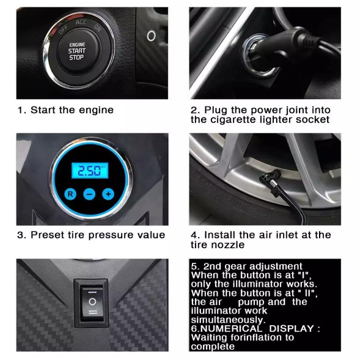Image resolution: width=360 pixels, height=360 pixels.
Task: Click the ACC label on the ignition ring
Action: pos(81,22)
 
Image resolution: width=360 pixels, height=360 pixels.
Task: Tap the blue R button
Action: pos(70,194)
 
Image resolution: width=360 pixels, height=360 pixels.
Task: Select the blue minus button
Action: pos(89,194)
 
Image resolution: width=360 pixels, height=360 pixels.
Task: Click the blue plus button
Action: pos(108,194)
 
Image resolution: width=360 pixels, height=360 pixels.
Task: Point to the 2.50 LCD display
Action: pos(90,171)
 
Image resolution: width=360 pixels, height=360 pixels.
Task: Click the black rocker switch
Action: pos(92,303)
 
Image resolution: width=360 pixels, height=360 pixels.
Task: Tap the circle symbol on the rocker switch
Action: pos(92,301)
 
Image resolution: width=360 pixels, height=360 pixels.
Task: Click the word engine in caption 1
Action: pos(96,111)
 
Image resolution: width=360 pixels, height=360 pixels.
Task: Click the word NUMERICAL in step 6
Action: pos(231,329)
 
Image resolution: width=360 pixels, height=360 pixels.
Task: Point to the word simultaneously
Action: pos(228,320)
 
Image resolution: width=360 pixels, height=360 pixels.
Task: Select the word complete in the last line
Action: pos(213,347)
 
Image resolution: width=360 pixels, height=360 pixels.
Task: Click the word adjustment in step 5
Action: pos(276,266)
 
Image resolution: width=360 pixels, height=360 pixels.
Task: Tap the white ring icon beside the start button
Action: pos(151,36)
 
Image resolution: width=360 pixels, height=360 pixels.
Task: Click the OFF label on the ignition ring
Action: pos(63,29)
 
